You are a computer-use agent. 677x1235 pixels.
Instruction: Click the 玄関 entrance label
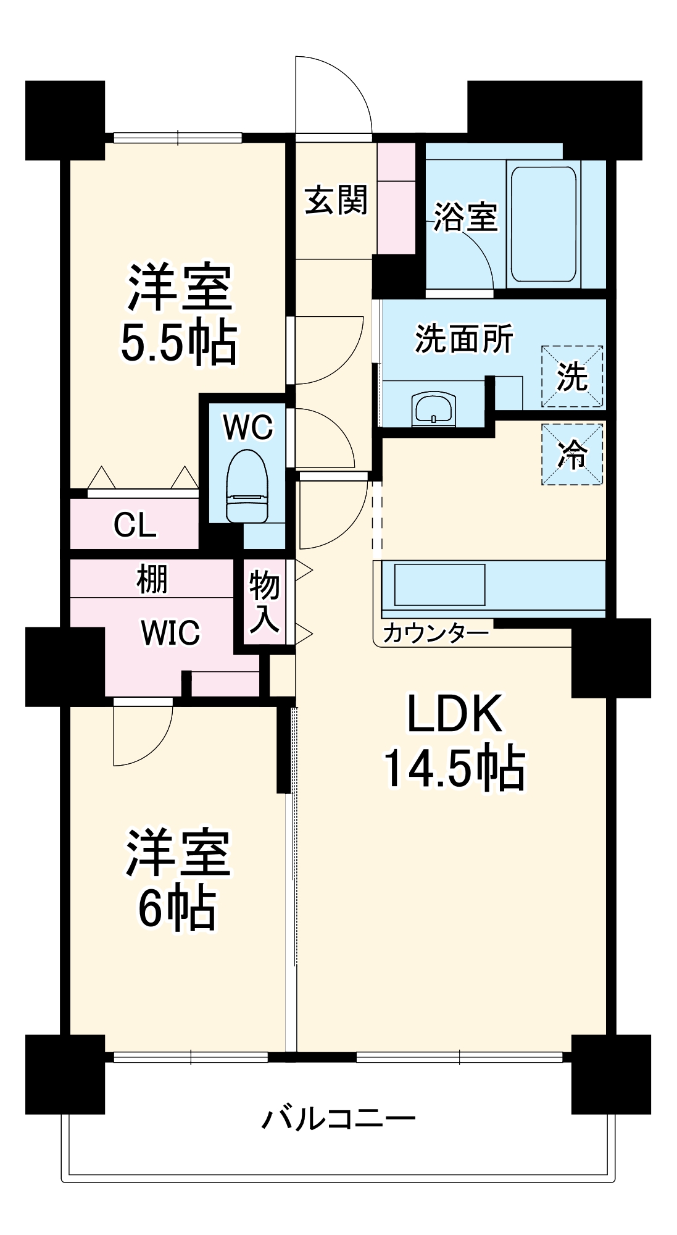pos(336,201)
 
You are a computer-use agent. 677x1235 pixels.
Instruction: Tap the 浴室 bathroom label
pos(465,217)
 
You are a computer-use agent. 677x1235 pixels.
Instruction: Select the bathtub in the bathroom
pos(543,224)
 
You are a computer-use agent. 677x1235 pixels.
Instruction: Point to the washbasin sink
pos(434,408)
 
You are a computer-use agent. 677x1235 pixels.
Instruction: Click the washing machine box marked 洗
pos(572,376)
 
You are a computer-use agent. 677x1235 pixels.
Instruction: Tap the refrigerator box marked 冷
pos(572,454)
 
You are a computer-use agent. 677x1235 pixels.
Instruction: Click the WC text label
pos(248,427)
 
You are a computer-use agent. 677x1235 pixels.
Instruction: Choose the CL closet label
pos(135,525)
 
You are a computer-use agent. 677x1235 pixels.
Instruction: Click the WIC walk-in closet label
pos(170,633)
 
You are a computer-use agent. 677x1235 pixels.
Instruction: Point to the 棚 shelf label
pos(152,579)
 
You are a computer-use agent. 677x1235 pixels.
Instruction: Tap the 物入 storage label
pos(265,601)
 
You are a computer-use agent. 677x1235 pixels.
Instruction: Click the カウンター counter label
pos(436,633)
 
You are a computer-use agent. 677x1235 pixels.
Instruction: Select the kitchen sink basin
pos(439,584)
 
